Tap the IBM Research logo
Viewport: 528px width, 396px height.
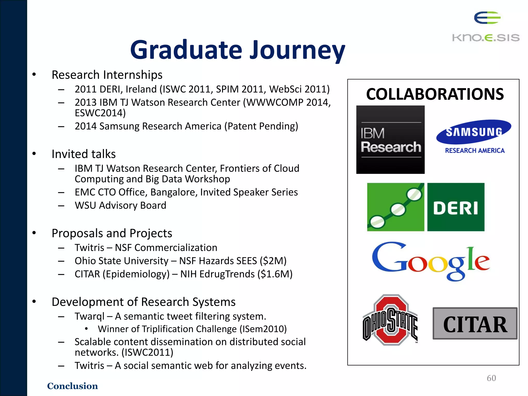(390, 139)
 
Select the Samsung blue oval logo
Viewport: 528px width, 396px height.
(474, 132)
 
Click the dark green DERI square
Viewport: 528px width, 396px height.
(456, 207)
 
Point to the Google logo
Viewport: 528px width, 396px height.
(430, 261)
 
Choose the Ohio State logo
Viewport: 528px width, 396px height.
(390, 320)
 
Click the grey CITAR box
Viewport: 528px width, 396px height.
(475, 324)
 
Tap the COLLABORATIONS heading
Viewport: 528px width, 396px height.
(435, 94)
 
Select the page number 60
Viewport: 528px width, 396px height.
(491, 378)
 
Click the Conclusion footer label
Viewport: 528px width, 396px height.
(72, 386)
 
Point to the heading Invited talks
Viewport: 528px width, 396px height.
(84, 154)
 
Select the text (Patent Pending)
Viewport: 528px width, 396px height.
(261, 126)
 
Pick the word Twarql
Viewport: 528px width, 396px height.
(89, 316)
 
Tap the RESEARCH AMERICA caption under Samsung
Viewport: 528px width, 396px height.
(475, 151)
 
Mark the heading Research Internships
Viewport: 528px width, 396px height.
(107, 75)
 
